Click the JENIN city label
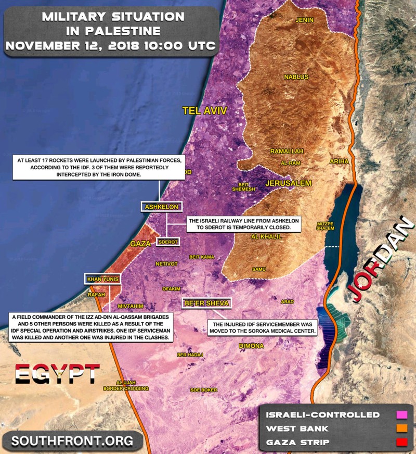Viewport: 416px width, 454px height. click(305, 20)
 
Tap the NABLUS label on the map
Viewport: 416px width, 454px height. click(293, 77)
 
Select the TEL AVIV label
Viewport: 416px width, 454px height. click(205, 110)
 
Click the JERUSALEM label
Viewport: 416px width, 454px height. click(288, 183)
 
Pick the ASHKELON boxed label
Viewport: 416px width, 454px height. click(161, 207)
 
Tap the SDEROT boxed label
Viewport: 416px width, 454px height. click(168, 242)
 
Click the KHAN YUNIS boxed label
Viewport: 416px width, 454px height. click(102, 280)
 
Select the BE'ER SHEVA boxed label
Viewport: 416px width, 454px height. click(206, 304)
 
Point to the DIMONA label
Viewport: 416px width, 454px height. click(251, 346)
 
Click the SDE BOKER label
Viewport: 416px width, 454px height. click(204, 390)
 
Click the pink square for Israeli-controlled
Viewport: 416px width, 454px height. click(401, 415)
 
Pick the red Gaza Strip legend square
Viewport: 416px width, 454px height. click(401, 442)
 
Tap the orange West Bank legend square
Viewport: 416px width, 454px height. click(401, 428)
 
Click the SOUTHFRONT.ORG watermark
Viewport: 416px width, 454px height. click(72, 441)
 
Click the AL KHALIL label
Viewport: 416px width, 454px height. click(266, 236)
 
